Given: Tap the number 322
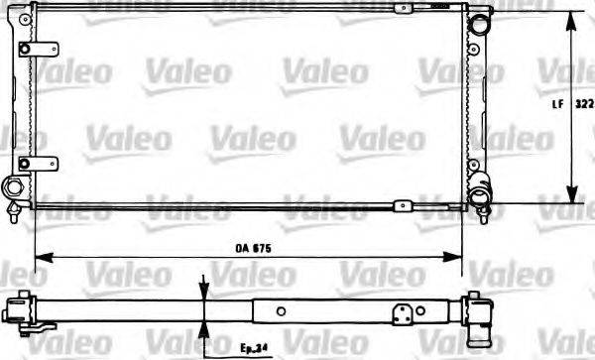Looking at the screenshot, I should pyautogui.click(x=584, y=102).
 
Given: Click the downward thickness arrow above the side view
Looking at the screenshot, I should pyautogui.click(x=203, y=290).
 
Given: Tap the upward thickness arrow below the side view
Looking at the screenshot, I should pyautogui.click(x=203, y=329).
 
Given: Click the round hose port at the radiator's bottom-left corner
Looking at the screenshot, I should pyautogui.click(x=16, y=187).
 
